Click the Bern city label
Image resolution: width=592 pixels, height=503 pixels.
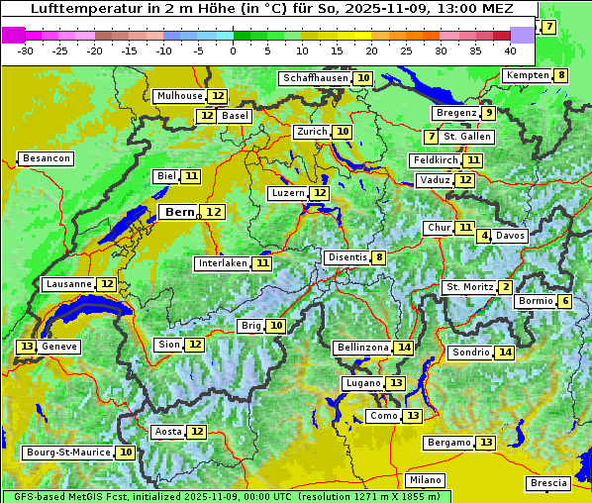pyautogui.click(x=180, y=212)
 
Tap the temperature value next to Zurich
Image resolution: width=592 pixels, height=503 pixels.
pyautogui.click(x=343, y=132)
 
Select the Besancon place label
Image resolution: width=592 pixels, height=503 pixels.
pyautogui.click(x=46, y=158)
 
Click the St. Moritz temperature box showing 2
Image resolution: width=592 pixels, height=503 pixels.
pyautogui.click(x=506, y=287)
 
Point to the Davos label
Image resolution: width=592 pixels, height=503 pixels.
pyautogui.click(x=511, y=236)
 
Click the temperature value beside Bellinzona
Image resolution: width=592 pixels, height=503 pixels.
pyautogui.click(x=403, y=348)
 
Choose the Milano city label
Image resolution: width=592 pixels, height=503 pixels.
pyautogui.click(x=427, y=479)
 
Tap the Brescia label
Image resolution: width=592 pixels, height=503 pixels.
pyautogui.click(x=548, y=483)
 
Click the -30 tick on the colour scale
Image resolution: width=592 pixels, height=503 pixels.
pyautogui.click(x=26, y=50)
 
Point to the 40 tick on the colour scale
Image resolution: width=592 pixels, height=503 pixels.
pyautogui.click(x=510, y=50)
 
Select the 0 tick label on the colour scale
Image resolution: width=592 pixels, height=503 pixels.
pyautogui.click(x=234, y=50)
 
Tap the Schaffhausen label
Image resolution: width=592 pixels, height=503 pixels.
pyautogui.click(x=315, y=78)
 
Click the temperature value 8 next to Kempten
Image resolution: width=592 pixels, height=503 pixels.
pyautogui.click(x=561, y=75)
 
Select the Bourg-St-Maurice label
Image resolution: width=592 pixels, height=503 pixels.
pyautogui.click(x=67, y=453)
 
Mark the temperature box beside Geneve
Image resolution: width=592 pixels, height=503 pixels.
pyautogui.click(x=26, y=347)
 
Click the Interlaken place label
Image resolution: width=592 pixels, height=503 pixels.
pyautogui.click(x=222, y=263)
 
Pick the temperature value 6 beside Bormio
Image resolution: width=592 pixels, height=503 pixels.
pyautogui.click(x=565, y=301)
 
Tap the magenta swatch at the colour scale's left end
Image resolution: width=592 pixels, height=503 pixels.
pyautogui.click(x=13, y=35)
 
